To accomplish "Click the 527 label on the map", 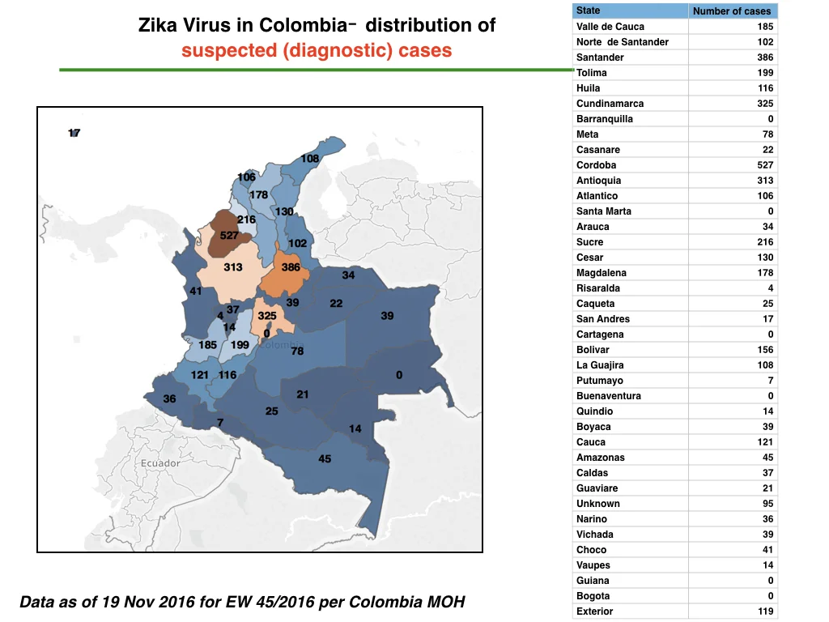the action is [229, 236].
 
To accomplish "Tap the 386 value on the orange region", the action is [291, 267].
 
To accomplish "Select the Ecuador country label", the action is [160, 463].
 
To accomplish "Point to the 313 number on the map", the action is [232, 267].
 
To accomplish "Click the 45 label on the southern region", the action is [325, 459].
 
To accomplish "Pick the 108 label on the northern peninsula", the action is [310, 159].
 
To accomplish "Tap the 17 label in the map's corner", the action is [74, 133].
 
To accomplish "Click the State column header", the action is [588, 11].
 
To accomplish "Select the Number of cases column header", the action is [732, 11].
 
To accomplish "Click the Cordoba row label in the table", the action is [596, 165].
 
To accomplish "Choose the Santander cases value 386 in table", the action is [765, 58].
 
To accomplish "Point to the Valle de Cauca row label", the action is [610, 27].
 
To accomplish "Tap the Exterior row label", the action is [594, 611].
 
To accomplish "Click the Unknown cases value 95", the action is [767, 504].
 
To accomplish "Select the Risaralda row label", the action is [598, 288].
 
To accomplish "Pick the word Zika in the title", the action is [158, 25].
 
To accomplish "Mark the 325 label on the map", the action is [267, 316].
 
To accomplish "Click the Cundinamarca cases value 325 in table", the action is [765, 104].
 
